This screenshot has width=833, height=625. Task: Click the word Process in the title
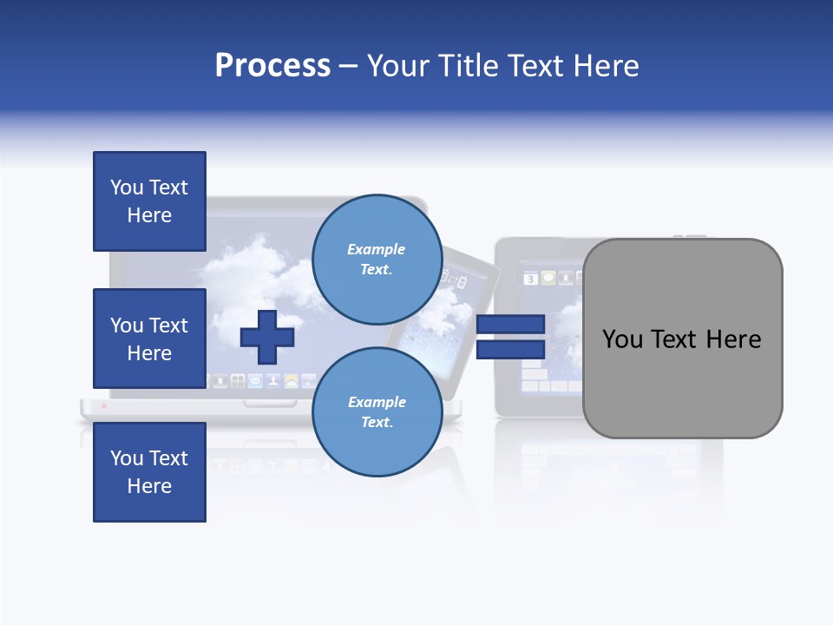(272, 66)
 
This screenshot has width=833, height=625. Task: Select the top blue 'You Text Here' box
(149, 201)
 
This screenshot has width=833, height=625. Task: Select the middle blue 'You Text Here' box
(149, 339)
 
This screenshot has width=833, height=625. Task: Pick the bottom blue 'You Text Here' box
(149, 471)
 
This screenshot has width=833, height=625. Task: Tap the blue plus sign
(267, 337)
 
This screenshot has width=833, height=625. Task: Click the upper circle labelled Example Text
(376, 259)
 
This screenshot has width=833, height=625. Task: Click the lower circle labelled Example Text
(376, 411)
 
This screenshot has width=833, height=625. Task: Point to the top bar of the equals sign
(510, 324)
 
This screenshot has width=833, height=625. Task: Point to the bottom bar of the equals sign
(510, 350)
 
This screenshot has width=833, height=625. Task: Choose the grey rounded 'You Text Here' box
(682, 339)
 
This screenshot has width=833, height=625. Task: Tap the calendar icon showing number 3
(530, 279)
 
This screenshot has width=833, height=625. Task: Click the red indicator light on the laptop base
(103, 405)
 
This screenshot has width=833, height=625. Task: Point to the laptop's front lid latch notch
(269, 402)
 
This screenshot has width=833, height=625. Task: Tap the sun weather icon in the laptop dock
(292, 381)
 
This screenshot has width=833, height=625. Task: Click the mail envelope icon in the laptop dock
(255, 381)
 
